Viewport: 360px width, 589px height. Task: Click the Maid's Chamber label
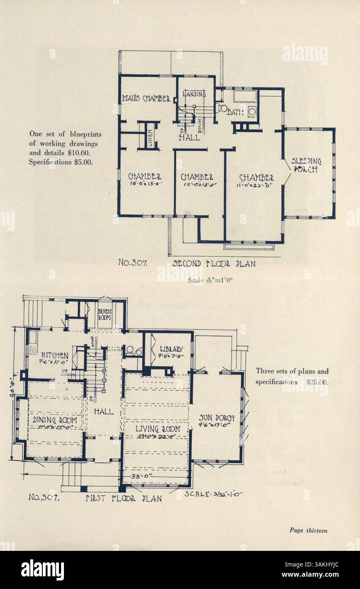click(146, 99)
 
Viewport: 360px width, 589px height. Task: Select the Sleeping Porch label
click(307, 166)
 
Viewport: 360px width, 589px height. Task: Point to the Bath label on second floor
click(235, 112)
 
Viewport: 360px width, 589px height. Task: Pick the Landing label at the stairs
click(194, 94)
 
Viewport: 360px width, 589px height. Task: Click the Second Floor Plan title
click(214, 264)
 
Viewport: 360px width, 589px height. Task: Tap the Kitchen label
click(55, 355)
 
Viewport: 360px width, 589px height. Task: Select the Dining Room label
click(55, 419)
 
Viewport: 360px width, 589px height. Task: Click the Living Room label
click(158, 428)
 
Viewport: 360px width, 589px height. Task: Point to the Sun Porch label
click(217, 418)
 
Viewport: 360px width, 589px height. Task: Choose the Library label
click(172, 349)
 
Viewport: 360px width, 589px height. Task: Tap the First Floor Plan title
click(124, 498)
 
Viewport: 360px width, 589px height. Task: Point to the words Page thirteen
click(308, 530)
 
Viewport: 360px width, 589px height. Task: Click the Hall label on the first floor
click(103, 411)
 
